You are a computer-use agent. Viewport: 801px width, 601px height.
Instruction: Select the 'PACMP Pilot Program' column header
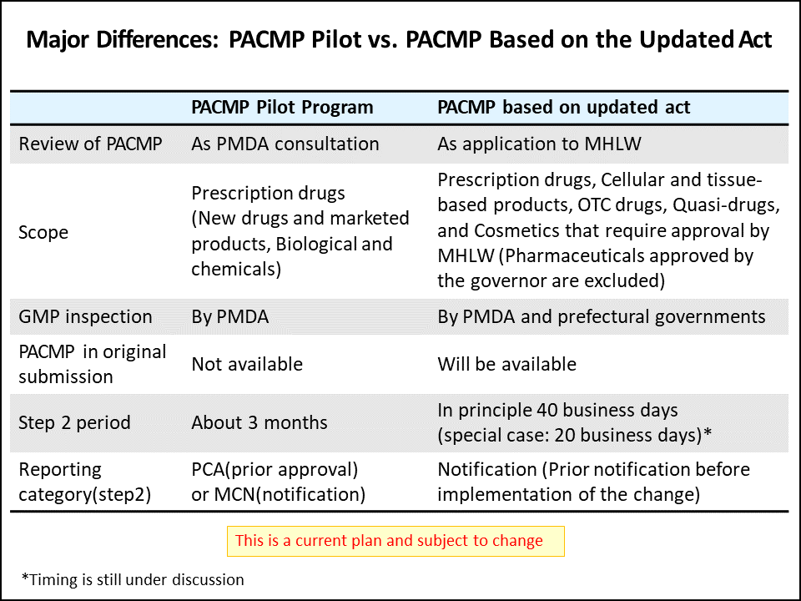[x=282, y=108]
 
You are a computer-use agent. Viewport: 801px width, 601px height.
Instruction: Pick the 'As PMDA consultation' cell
[x=285, y=144]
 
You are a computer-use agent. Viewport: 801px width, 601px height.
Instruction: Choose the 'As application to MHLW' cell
[x=539, y=144]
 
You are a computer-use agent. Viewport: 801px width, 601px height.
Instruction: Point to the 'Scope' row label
[x=43, y=232]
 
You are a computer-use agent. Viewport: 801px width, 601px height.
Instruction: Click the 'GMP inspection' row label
[x=85, y=316]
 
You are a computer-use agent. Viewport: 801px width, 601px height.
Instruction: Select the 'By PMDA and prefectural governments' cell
[x=601, y=316]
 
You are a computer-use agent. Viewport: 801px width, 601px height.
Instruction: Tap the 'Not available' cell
[x=247, y=364]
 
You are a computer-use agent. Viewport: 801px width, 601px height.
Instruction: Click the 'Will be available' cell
[x=506, y=364]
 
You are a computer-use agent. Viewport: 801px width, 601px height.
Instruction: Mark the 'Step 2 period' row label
[x=74, y=422]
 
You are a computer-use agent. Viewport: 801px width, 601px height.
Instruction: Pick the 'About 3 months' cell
[x=259, y=422]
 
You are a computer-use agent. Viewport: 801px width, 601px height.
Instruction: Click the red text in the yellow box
[x=389, y=541]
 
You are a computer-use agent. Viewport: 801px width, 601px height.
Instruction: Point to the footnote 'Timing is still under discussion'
[x=133, y=579]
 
